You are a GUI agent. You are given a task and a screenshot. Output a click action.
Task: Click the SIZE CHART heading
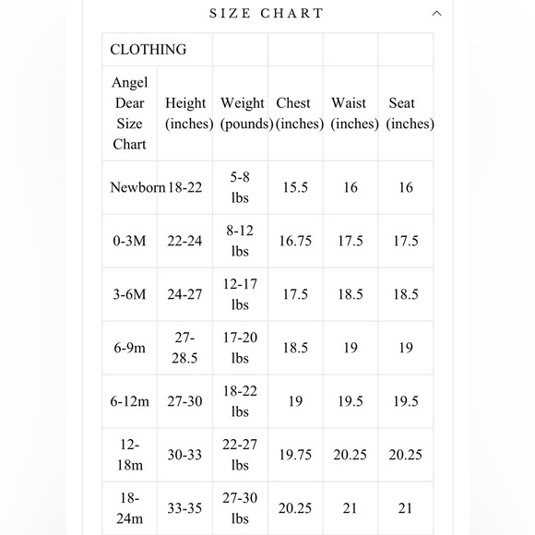pyautogui.click(x=267, y=14)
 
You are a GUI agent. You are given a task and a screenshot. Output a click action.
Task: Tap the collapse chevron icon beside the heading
pyautogui.click(x=437, y=14)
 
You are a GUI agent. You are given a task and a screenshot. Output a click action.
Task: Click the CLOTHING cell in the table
pyautogui.click(x=149, y=50)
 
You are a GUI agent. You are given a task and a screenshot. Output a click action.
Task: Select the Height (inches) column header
pyautogui.click(x=184, y=113)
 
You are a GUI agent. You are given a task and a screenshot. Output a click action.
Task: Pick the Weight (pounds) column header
pyautogui.click(x=243, y=113)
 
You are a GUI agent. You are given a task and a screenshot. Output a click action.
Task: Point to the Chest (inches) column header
pyautogui.click(x=294, y=113)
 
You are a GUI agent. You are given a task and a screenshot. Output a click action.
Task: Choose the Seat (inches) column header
pyautogui.click(x=403, y=113)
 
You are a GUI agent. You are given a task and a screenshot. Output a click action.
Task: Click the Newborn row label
pyautogui.click(x=137, y=187)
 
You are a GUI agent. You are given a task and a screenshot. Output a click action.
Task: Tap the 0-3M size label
pyautogui.click(x=130, y=241)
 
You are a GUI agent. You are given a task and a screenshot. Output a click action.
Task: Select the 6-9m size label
pyautogui.click(x=130, y=348)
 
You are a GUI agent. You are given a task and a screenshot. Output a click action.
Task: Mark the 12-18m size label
pyautogui.click(x=130, y=454)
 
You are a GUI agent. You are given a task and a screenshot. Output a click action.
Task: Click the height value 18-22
pyautogui.click(x=184, y=187)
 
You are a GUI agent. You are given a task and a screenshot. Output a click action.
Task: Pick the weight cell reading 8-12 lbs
pyautogui.click(x=240, y=241)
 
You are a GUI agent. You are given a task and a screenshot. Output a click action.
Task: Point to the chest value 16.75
pyautogui.click(x=295, y=241)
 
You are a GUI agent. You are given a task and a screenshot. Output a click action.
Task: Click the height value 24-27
pyautogui.click(x=184, y=294)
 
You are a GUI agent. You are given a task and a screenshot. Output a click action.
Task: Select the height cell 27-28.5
pyautogui.click(x=184, y=348)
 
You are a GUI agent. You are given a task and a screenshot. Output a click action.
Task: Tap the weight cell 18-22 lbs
pyautogui.click(x=240, y=401)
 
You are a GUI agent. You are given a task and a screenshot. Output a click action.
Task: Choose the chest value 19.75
pyautogui.click(x=295, y=454)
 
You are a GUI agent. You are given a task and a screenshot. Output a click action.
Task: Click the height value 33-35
pyautogui.click(x=184, y=507)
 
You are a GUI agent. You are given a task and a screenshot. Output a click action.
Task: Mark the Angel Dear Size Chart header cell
pyautogui.click(x=130, y=113)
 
